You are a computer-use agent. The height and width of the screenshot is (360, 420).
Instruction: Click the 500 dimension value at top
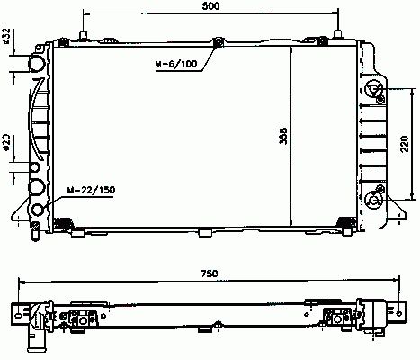click(210, 6)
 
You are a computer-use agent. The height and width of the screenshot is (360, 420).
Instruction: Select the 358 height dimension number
click(283, 136)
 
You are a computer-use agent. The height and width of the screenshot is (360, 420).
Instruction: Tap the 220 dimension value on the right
click(405, 144)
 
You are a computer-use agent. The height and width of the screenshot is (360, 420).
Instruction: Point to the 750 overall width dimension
click(210, 274)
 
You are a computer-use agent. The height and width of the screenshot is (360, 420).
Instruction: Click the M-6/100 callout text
click(176, 64)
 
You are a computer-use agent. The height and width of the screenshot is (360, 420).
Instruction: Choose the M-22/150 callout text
click(91, 190)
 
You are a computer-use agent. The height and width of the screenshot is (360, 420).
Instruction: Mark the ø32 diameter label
click(6, 36)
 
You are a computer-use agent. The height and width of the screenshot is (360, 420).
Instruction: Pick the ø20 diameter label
click(6, 142)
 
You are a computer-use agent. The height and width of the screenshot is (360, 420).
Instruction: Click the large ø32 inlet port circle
click(37, 64)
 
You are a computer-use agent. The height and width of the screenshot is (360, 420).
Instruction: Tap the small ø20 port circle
click(35, 167)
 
